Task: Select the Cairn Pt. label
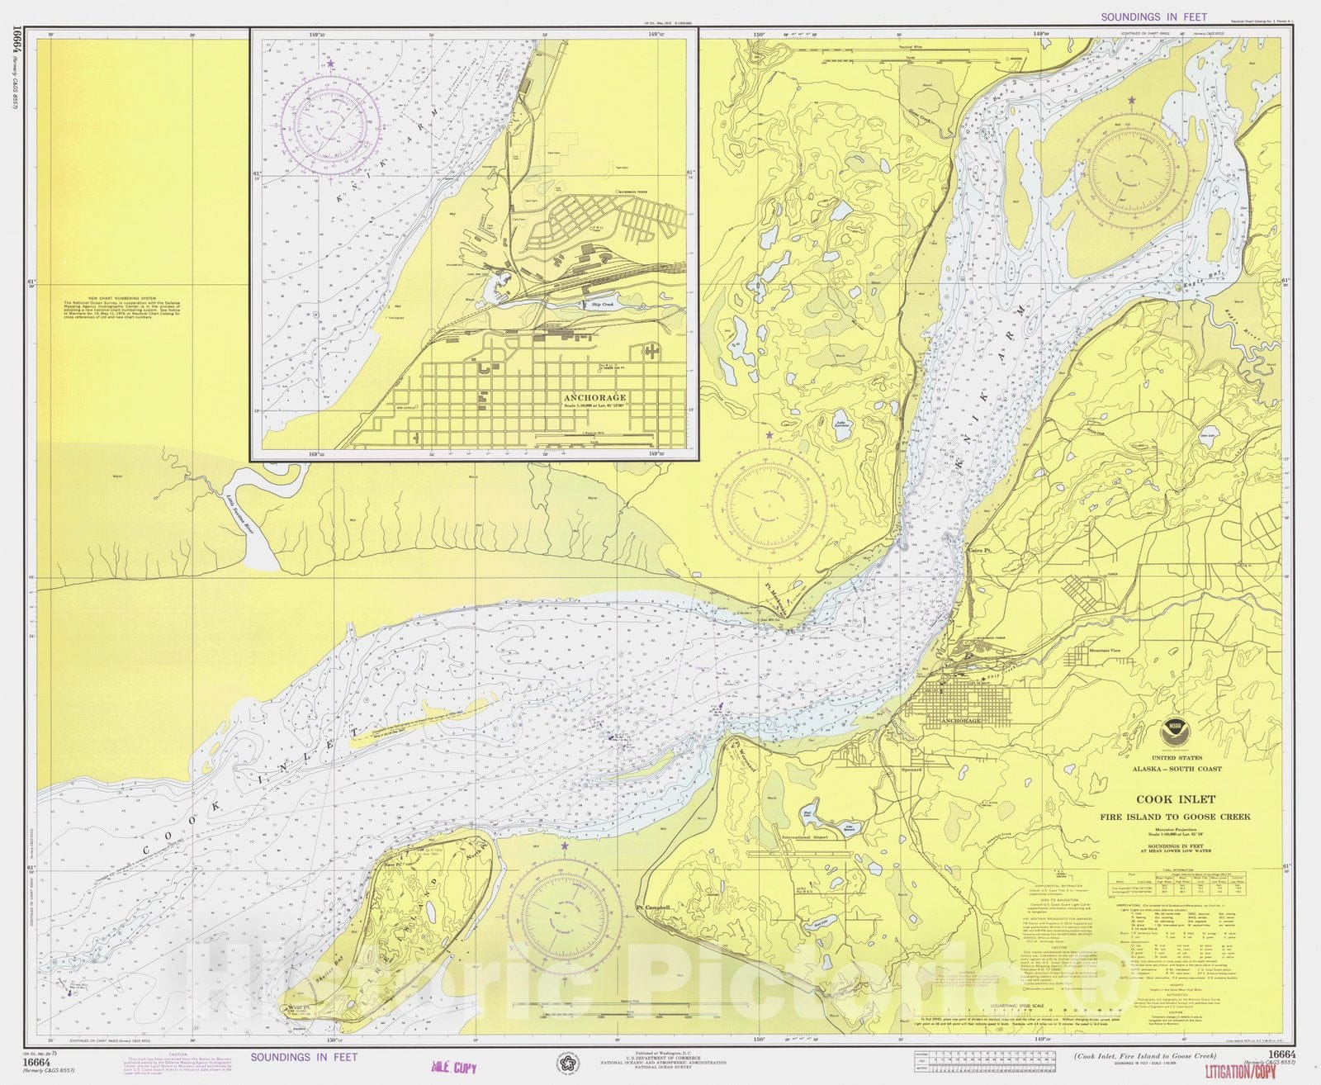(978, 549)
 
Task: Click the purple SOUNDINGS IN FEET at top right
(1153, 17)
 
